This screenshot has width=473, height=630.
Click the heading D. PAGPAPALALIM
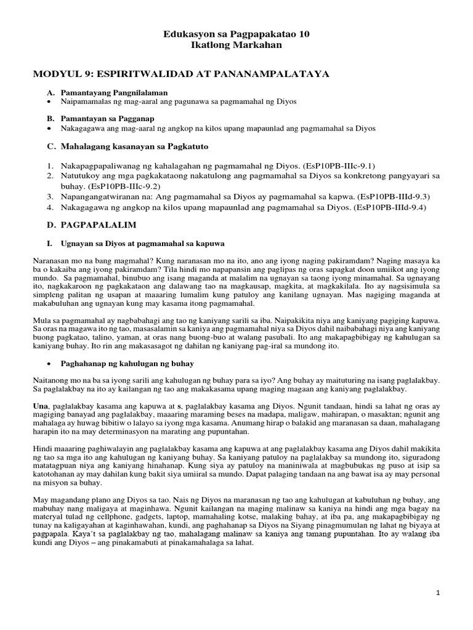tap(89, 225)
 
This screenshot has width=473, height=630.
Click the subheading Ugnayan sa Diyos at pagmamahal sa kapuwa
tap(142, 243)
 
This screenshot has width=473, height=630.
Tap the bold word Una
tap(41, 407)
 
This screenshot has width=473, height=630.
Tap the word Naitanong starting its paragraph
tap(52, 381)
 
